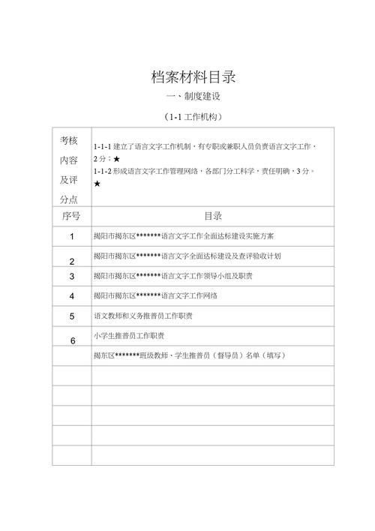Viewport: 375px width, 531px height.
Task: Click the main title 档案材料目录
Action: (193, 76)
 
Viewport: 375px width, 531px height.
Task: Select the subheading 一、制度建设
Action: (193, 97)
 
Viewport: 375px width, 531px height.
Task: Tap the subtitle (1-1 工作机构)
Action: (193, 117)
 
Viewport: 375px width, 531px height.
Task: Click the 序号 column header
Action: (71, 216)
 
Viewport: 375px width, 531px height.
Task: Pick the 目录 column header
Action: (212, 216)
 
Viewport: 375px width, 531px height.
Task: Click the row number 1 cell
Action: (72, 236)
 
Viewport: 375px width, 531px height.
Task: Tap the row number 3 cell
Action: (72, 276)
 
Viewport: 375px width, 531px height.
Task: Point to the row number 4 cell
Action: (72, 296)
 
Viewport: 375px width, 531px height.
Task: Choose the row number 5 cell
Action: (72, 316)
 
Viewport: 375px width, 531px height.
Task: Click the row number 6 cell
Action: (72, 341)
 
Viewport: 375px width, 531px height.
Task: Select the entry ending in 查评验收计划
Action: (187, 256)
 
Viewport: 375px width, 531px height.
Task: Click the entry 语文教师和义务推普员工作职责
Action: (142, 316)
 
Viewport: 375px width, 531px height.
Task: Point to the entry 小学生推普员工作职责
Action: (129, 335)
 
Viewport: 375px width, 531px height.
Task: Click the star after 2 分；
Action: (116, 160)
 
